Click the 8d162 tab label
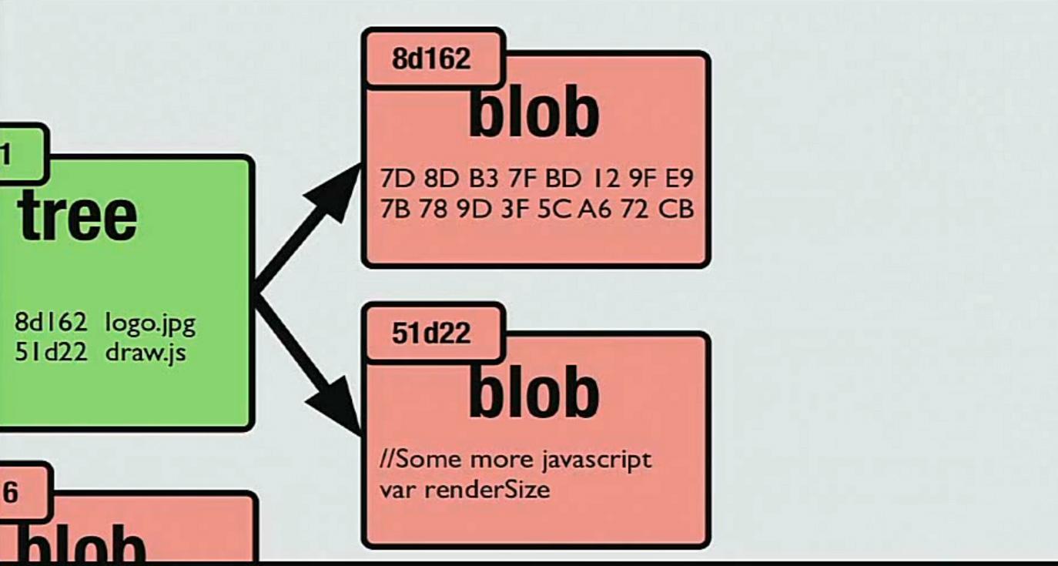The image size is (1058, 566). point(431,59)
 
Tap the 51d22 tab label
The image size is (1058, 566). point(431,333)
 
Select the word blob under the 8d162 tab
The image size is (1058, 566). point(534,113)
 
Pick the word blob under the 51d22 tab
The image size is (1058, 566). point(534,392)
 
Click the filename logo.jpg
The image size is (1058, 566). point(150,323)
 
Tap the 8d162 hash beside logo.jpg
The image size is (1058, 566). point(51,323)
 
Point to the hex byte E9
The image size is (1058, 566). point(679,179)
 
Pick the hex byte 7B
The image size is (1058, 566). point(397,209)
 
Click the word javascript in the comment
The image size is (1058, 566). point(602,461)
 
